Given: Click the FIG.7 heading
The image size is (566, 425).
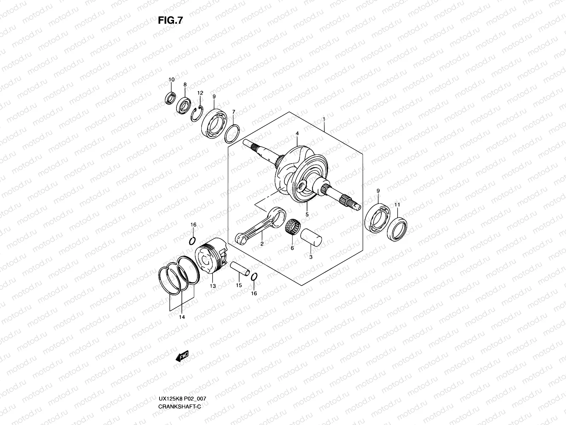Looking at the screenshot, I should (x=171, y=21).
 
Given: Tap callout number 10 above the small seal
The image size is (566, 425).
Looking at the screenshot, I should (x=171, y=80).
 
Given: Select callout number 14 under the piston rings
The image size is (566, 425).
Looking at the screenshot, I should (x=182, y=317).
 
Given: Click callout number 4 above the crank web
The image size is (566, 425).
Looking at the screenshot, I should (x=297, y=134).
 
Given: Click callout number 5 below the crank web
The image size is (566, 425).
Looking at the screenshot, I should (x=307, y=214).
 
